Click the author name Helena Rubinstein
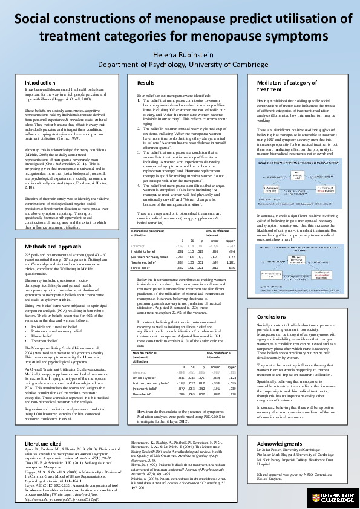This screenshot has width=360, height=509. point(180,54)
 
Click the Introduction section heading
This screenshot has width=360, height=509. point(40,82)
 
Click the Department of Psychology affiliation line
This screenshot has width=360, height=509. point(180,65)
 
